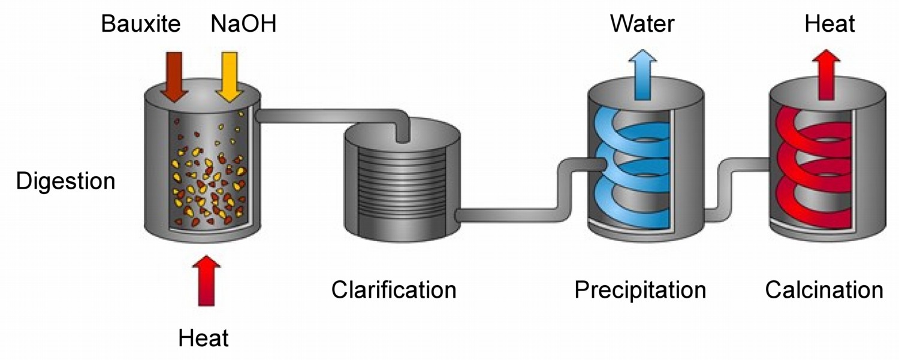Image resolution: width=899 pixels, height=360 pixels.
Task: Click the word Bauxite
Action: (141, 25)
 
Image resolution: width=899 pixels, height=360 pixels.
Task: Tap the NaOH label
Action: (243, 25)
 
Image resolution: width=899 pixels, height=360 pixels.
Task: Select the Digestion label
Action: (65, 181)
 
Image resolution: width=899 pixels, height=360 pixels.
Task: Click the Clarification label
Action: (394, 290)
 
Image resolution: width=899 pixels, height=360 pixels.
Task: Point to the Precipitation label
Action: (640, 290)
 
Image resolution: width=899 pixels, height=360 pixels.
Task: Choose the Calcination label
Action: (824, 290)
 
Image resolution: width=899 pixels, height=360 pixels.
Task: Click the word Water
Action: (642, 25)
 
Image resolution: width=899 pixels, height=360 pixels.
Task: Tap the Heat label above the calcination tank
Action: (829, 25)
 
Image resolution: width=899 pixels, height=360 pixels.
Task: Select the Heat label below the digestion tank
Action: (204, 339)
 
